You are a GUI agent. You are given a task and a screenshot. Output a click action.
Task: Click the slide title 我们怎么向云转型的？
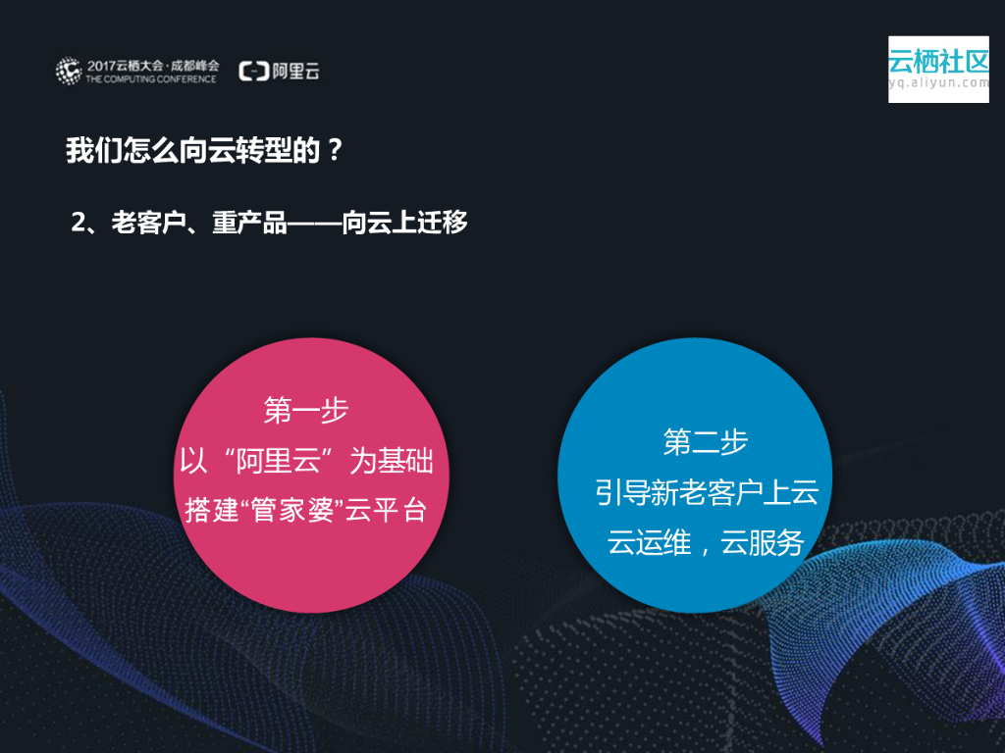204,151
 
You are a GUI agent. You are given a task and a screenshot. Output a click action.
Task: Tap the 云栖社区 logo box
938,69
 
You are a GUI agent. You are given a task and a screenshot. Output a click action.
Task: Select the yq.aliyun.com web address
938,83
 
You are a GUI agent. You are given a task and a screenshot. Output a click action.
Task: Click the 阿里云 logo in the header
280,71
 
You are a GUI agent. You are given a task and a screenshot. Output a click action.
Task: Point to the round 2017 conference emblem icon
69,71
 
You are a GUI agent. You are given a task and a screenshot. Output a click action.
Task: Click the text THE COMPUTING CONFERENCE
151,78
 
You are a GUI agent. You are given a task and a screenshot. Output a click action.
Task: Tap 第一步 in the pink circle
306,410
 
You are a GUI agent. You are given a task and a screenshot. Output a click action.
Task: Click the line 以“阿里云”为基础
306,461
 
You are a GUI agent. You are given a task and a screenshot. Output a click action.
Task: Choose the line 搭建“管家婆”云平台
306,511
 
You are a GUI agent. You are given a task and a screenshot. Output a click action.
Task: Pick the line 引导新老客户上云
706,492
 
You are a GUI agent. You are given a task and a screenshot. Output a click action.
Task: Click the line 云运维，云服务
706,542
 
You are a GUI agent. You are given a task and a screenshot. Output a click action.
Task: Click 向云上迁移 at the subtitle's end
404,223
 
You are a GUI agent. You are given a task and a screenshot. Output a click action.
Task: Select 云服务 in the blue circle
763,542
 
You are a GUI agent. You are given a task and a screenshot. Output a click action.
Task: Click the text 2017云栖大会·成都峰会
151,65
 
